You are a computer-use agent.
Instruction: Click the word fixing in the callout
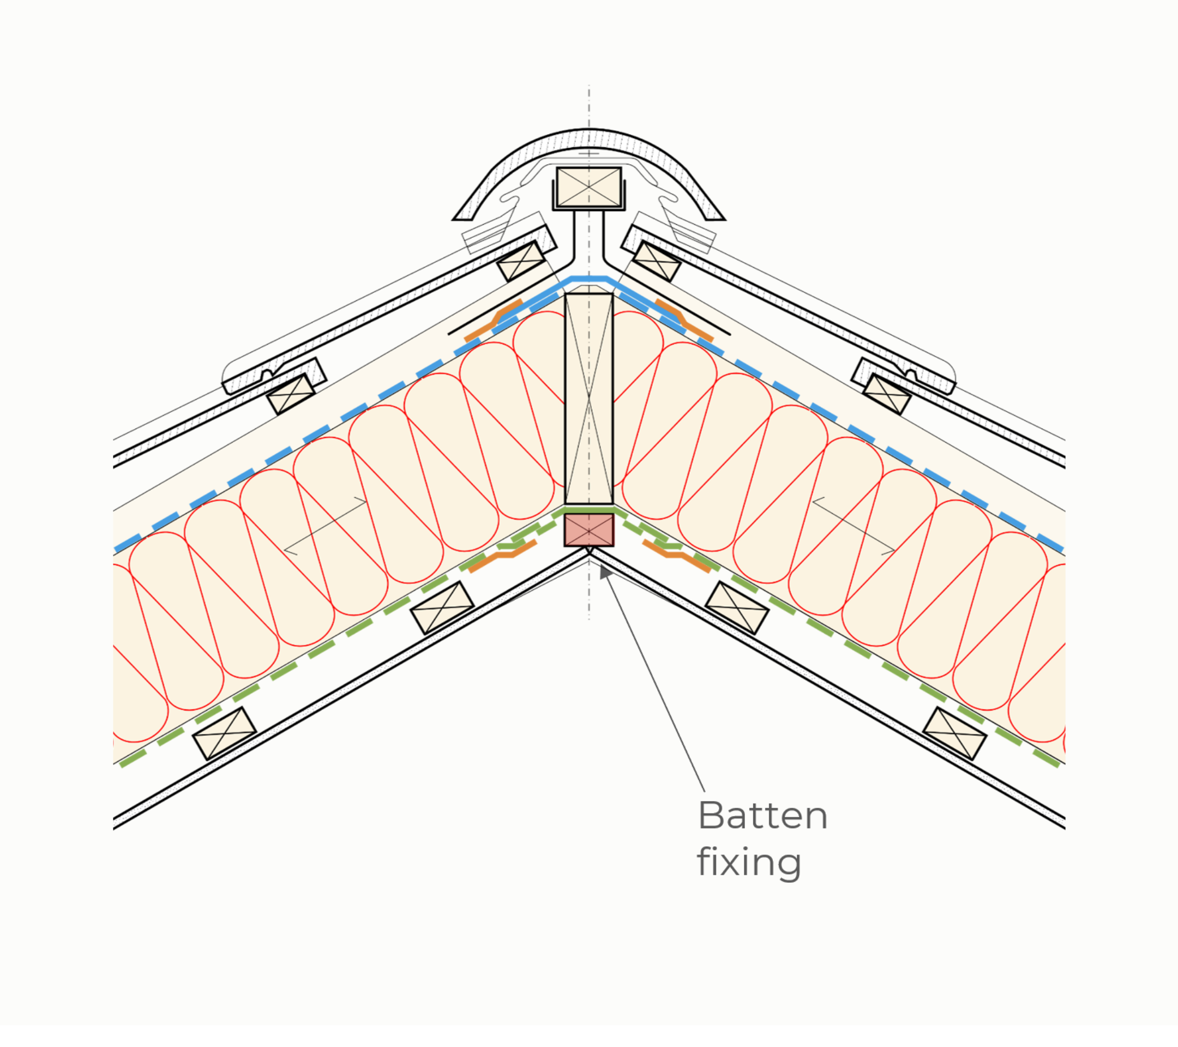tap(749, 862)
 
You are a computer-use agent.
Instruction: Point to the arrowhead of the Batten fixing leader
tap(605, 571)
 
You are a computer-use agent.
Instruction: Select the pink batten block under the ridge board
tap(589, 529)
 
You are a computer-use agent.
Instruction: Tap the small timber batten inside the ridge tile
tap(589, 186)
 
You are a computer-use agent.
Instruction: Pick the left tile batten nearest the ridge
tap(521, 261)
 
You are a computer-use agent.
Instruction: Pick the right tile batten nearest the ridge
tap(657, 261)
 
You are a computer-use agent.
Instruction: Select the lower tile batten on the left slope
tap(291, 394)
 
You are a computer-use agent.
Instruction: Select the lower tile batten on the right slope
tap(887, 394)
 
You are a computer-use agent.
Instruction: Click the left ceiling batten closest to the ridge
tap(442, 608)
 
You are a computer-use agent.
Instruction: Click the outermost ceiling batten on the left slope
tap(224, 733)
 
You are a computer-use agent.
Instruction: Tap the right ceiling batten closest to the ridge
tap(737, 608)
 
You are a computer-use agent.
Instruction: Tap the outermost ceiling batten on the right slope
tap(955, 733)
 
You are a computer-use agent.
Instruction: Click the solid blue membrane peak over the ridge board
tap(589, 279)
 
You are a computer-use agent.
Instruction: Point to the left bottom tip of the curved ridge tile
tap(454, 219)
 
